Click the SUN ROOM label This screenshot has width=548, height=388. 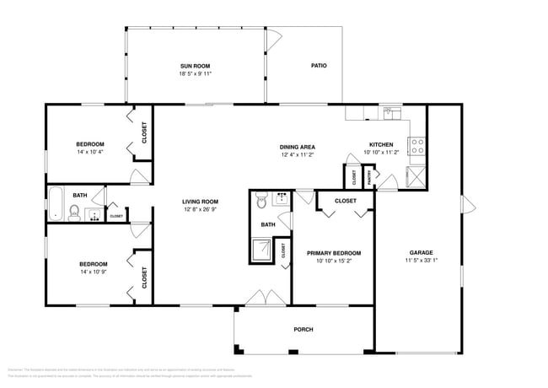194,65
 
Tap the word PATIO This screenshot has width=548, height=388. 319,65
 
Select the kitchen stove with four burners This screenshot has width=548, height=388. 416,147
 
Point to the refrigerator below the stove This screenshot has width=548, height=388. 416,176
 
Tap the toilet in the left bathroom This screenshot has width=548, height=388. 74,212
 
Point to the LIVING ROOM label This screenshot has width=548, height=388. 201,201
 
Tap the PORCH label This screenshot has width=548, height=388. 304,329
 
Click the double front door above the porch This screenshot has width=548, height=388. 264,298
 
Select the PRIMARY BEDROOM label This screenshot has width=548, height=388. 334,253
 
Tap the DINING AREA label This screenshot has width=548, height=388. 298,147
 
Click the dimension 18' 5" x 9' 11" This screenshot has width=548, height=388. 195,73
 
